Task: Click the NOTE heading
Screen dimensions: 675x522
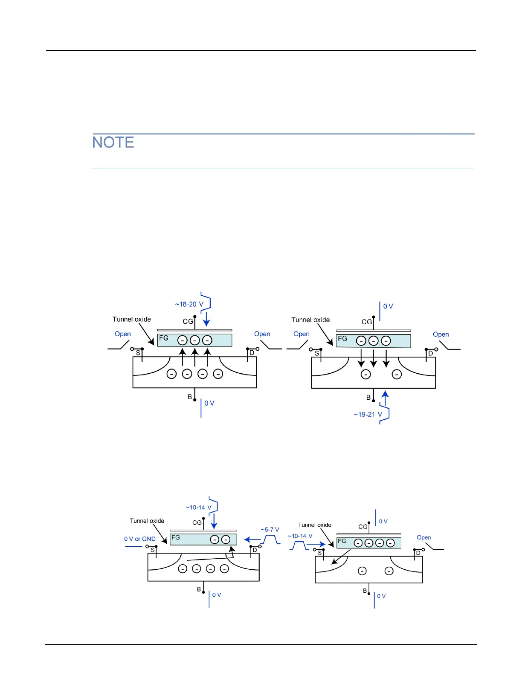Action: [x=113, y=142]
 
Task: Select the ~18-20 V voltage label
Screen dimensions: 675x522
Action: [x=189, y=304]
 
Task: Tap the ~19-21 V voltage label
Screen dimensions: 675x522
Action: [x=368, y=414]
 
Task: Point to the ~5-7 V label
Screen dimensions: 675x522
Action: [x=270, y=530]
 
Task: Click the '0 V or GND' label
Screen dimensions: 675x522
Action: [x=140, y=539]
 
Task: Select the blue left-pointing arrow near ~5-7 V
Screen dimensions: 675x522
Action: [x=252, y=539]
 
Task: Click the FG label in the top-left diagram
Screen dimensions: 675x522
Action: [x=164, y=338]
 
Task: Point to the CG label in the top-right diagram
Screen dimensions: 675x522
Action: [x=367, y=322]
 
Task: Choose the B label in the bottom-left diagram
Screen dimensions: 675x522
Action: [x=199, y=589]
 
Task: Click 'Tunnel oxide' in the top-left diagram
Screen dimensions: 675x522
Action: [x=132, y=319]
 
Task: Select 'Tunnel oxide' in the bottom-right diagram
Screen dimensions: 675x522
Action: [x=315, y=525]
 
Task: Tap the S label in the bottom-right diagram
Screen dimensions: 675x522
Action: [x=320, y=553]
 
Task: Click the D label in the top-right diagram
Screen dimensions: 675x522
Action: [x=431, y=353]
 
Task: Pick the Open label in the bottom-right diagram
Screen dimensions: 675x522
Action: [x=424, y=537]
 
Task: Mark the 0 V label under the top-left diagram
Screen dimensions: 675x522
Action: [x=209, y=403]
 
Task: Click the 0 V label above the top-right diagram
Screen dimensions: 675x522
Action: [x=388, y=306]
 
